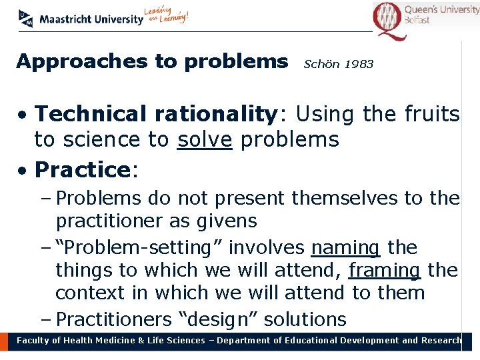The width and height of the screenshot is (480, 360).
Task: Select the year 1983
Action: [360, 65]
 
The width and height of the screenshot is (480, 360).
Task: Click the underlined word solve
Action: [205, 140]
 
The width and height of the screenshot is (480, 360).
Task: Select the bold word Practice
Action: [82, 170]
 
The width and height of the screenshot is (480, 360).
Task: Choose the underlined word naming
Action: [345, 248]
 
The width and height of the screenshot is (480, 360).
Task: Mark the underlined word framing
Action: [385, 271]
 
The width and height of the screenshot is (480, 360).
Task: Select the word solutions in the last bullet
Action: [305, 319]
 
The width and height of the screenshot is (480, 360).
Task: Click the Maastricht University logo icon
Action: [26, 19]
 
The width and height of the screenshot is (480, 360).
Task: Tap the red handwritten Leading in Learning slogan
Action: [167, 15]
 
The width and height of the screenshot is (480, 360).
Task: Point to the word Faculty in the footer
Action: [33, 341]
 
